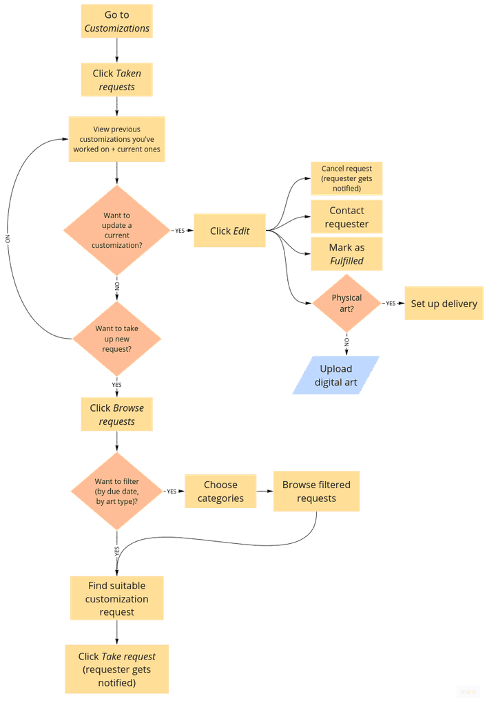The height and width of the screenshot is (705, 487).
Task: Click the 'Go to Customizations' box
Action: click(116, 21)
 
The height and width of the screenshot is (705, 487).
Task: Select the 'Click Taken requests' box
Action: click(116, 80)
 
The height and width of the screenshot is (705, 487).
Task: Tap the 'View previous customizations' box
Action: click(116, 139)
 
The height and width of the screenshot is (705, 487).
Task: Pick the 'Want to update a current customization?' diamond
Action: click(116, 230)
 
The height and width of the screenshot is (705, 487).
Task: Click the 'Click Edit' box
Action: click(229, 231)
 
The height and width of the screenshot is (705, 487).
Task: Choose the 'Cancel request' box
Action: click(346, 178)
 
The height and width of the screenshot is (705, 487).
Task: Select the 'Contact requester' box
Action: click(346, 217)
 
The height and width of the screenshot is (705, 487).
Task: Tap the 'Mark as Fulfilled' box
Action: click(346, 254)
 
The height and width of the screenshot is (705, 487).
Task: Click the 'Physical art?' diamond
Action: click(346, 304)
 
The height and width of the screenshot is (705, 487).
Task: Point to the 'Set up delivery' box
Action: click(444, 304)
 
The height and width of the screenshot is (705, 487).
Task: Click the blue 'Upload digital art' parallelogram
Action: click(336, 375)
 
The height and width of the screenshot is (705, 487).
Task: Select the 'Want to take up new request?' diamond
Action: click(117, 338)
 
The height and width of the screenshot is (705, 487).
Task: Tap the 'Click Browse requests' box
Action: click(116, 414)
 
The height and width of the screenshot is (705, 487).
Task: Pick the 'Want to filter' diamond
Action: click(116, 491)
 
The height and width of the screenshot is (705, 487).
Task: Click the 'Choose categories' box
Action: click(220, 491)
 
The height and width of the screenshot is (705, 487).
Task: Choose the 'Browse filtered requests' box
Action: click(316, 491)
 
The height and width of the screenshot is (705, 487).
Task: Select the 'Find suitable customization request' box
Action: click(116, 598)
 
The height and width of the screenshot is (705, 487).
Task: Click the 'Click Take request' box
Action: click(116, 669)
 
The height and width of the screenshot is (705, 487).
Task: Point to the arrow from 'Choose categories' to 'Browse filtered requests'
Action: click(265, 491)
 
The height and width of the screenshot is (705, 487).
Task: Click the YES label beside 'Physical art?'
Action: click(391, 303)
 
